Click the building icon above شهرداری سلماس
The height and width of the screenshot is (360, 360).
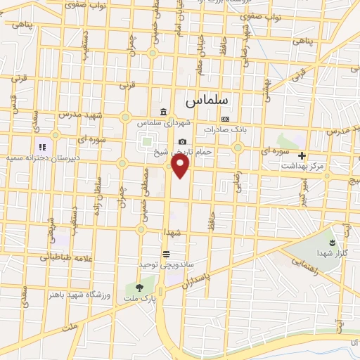click(163, 112)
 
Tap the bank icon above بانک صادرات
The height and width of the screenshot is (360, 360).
click(225, 119)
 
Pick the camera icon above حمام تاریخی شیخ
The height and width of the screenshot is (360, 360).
click(182, 141)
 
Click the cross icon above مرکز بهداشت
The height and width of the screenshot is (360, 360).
click(302, 155)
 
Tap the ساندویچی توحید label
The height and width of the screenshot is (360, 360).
click(165, 264)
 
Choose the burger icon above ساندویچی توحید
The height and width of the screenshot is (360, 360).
click(165, 254)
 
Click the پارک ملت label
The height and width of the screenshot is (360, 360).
click(139, 297)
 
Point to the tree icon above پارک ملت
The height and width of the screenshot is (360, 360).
click(139, 287)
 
